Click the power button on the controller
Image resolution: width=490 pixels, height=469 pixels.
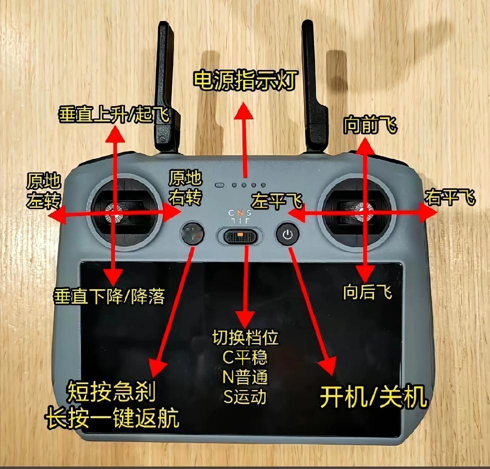coord(287,234)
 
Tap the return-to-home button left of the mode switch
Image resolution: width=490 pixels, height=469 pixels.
coord(192,233)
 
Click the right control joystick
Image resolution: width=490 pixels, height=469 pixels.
coord(363,213)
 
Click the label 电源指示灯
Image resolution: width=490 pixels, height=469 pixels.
coord(245,79)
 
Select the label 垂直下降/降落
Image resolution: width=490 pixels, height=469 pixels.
coord(108,297)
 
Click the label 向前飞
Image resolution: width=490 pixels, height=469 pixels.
coord(369,126)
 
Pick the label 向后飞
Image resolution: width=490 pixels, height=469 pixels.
coord(367,292)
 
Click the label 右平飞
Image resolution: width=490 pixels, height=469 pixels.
coord(450,197)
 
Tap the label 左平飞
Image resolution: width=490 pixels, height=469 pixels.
coord(277,202)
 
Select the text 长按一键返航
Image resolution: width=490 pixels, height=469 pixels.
coord(112,419)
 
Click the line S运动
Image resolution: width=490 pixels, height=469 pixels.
coord(244,397)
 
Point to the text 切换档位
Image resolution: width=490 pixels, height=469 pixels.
coord(244,338)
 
